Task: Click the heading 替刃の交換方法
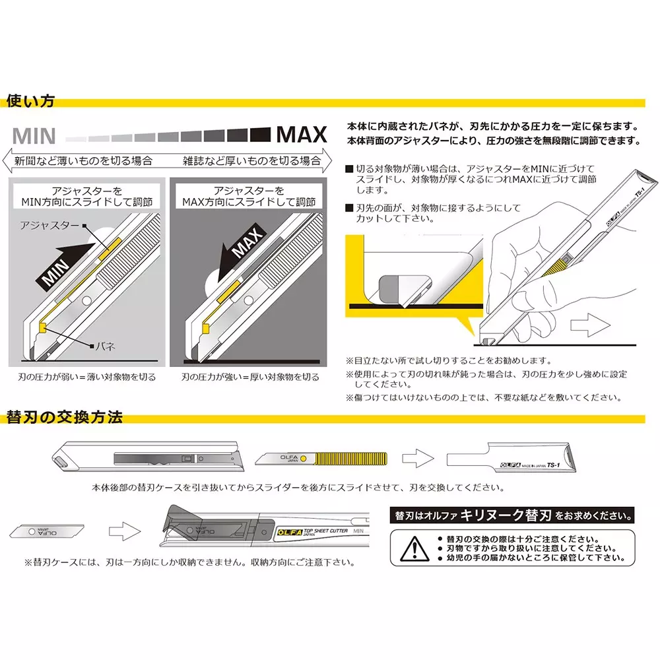[x=64, y=418]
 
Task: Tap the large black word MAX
[x=301, y=135]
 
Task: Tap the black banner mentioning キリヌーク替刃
[x=512, y=514]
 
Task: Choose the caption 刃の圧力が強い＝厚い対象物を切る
[x=250, y=378]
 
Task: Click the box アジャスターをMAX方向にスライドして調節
[x=249, y=195]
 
